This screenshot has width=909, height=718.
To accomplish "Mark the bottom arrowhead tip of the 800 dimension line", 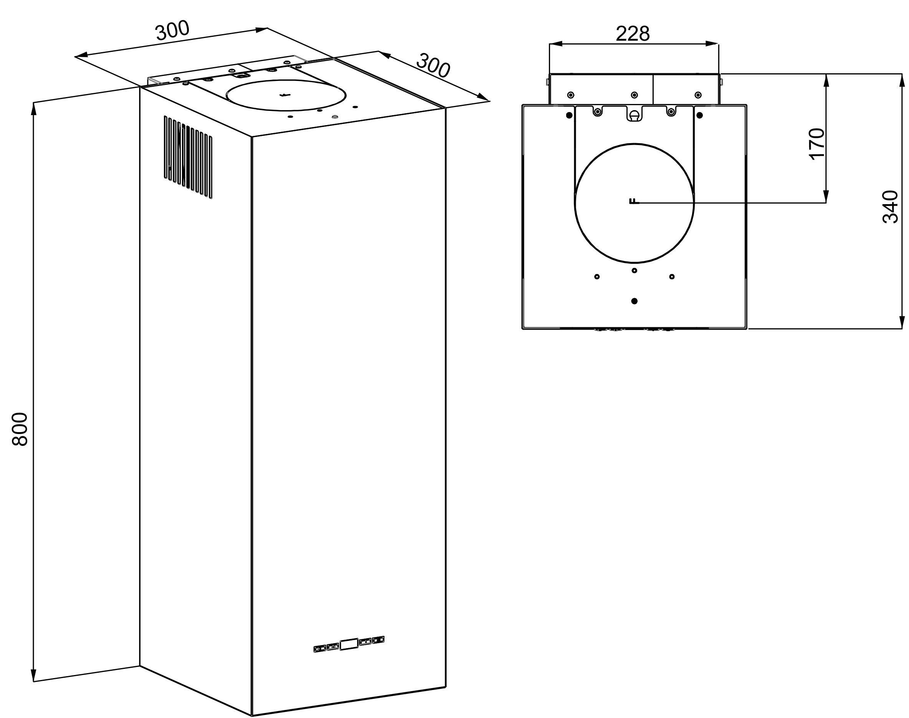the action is coord(34,682).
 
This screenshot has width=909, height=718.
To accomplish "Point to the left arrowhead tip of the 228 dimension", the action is coord(550,43).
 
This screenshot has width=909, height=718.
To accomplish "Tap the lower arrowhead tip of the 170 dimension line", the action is coord(826,203).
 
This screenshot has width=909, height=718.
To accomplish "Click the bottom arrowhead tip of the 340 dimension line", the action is coord(901,328).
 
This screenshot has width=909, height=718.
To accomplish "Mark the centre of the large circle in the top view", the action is coord(634,203).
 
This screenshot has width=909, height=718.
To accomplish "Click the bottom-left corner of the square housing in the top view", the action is coord(522,328).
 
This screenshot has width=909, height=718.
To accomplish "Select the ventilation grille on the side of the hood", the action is coord(188,157).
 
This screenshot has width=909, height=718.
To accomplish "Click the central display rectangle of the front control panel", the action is coord(349,645).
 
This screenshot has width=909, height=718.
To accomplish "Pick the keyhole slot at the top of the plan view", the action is coord(635,114).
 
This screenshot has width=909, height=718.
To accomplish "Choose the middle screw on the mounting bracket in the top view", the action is coord(634,95).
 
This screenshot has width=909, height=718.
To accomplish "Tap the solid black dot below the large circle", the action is coord(635,301).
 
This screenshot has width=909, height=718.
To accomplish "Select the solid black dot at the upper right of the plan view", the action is coord(700,115).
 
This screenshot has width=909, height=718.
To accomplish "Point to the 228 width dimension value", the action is coord(633,34).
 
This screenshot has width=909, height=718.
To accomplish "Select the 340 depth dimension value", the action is coord(890,207).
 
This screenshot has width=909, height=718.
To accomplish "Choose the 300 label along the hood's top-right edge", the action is coord(433,66).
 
